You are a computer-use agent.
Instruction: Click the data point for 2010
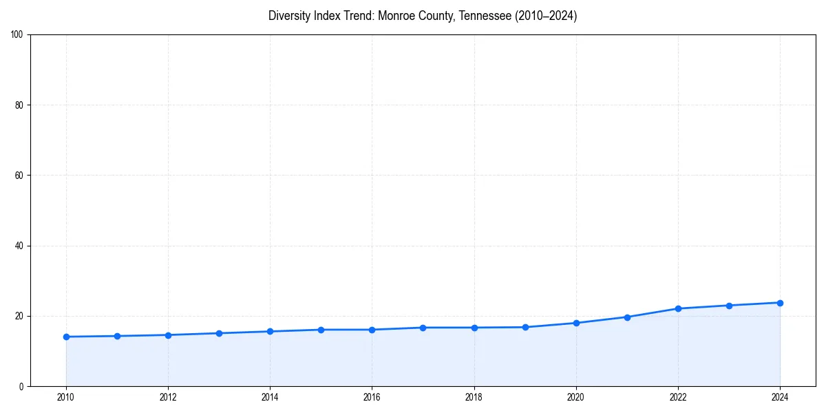pyautogui.click(x=66, y=337)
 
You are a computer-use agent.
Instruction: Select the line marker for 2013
pyautogui.click(x=219, y=333)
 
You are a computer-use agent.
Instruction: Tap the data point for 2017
pyautogui.click(x=423, y=328)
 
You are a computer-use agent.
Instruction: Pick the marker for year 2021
pyautogui.click(x=627, y=317)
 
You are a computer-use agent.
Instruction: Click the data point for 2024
pyautogui.click(x=780, y=303)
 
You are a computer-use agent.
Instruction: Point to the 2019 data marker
pyautogui.click(x=525, y=327)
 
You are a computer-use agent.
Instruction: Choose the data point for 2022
pyautogui.click(x=678, y=308)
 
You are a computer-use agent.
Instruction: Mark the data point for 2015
pyautogui.click(x=321, y=330)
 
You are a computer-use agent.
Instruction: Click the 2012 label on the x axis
pyautogui.click(x=168, y=397)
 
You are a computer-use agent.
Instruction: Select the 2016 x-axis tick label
pyautogui.click(x=372, y=397)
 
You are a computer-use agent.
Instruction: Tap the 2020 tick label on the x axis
pyautogui.click(x=576, y=397)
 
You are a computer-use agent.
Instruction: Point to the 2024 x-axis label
pyautogui.click(x=780, y=397)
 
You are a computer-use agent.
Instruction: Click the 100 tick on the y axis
pyautogui.click(x=17, y=34)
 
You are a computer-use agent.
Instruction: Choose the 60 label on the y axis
pyautogui.click(x=19, y=176)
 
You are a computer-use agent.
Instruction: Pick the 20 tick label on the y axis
pyautogui.click(x=19, y=316)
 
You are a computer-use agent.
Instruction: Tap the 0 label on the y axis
pyautogui.click(x=21, y=386)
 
